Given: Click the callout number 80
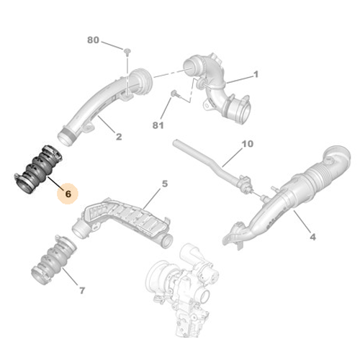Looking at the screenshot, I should coord(93,40).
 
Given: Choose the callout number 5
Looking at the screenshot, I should coord(164,184).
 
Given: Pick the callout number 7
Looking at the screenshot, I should coord(81,291).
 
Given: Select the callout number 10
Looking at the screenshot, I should coord(247,144).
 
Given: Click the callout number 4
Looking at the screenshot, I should coord(312,236).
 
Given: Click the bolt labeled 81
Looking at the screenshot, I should coord(175,94).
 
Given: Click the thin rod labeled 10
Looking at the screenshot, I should coord(209,162).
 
